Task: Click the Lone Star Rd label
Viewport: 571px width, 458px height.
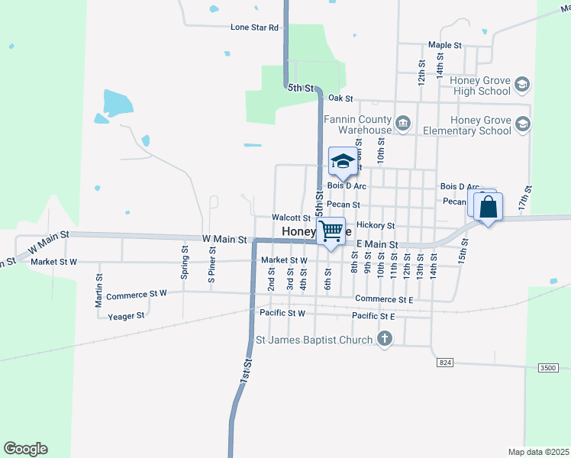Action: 256,27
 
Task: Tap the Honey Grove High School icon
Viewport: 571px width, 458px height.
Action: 522,84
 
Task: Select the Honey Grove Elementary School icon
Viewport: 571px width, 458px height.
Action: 522,124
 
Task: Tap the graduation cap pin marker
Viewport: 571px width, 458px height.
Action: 343,161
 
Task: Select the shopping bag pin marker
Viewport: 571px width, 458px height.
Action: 487,206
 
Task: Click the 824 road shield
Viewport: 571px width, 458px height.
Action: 445,363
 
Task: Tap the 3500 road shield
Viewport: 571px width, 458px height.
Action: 547,368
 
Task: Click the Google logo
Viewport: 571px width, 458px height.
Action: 25,449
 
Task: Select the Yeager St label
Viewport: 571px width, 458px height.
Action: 126,316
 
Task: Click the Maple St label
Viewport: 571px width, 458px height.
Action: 445,46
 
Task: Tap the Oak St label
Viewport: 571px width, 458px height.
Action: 340,98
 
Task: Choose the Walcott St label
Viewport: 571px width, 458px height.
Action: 290,218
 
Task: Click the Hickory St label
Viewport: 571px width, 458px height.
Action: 375,226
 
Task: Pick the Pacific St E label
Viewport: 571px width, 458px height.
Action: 373,316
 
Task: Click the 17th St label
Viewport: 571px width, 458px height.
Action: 524,198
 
